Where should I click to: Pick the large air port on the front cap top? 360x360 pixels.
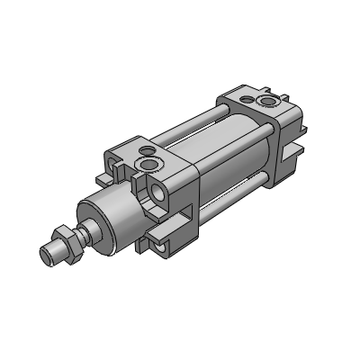coord(147,166)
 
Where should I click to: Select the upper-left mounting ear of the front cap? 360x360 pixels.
coord(118,156)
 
